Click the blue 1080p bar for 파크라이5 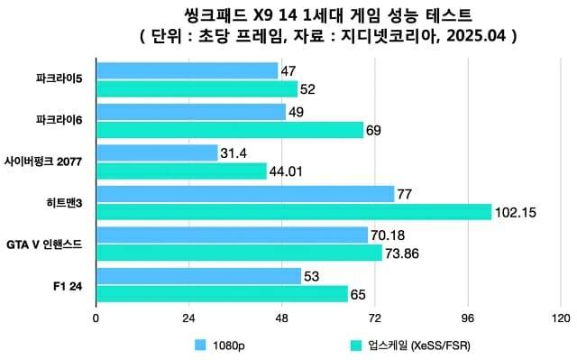tap(187, 70)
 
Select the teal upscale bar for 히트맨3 tap(293, 212)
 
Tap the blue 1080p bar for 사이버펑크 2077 tap(157, 153)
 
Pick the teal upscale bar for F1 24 tap(222, 294)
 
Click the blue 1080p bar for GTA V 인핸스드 tap(232, 235)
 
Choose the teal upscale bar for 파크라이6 tap(229, 129)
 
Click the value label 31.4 tap(234, 153)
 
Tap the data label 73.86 tap(403, 254)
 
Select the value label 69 tap(373, 130)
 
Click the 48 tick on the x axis tap(281, 318)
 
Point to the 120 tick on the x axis tap(561, 318)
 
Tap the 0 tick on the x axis tap(96, 318)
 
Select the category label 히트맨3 tap(69, 203)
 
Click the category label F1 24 tap(69, 286)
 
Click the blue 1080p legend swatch tap(200, 344)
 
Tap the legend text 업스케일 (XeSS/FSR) tap(418, 345)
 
